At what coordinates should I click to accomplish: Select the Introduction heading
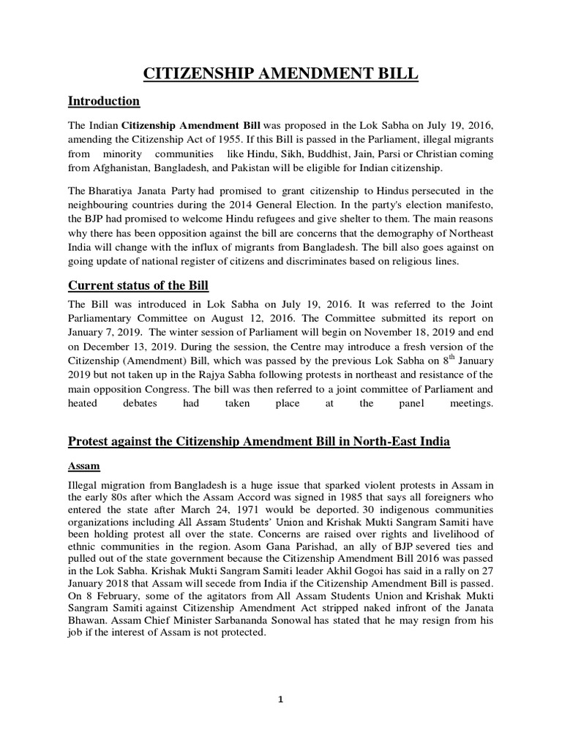tap(103, 100)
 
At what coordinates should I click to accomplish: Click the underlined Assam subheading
tap(83, 465)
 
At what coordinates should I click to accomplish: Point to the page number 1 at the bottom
tap(280, 699)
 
